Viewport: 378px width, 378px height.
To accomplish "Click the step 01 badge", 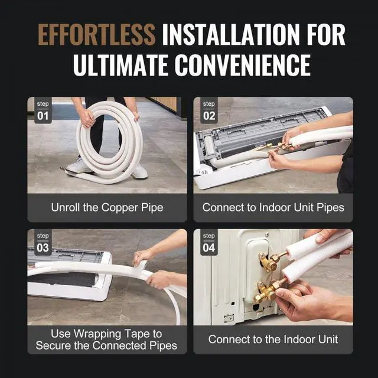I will pos(43,110).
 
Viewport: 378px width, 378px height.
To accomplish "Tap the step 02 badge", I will pos(209,110).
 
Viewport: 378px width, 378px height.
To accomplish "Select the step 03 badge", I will pos(43,242).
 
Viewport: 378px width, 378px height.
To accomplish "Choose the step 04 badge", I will pos(209,242).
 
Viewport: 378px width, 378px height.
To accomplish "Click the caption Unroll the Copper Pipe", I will pos(106,207).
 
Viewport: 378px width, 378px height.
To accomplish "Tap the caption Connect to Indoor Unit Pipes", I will pos(273,207).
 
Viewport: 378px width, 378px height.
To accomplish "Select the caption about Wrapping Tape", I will pos(106,340).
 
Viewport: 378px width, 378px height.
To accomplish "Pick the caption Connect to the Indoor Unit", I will pos(273,340).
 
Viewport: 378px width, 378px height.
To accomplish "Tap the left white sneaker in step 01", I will pos(79,167).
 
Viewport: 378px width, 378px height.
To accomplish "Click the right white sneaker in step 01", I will pos(139,171).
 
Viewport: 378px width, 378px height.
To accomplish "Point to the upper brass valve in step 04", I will pos(269,261).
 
